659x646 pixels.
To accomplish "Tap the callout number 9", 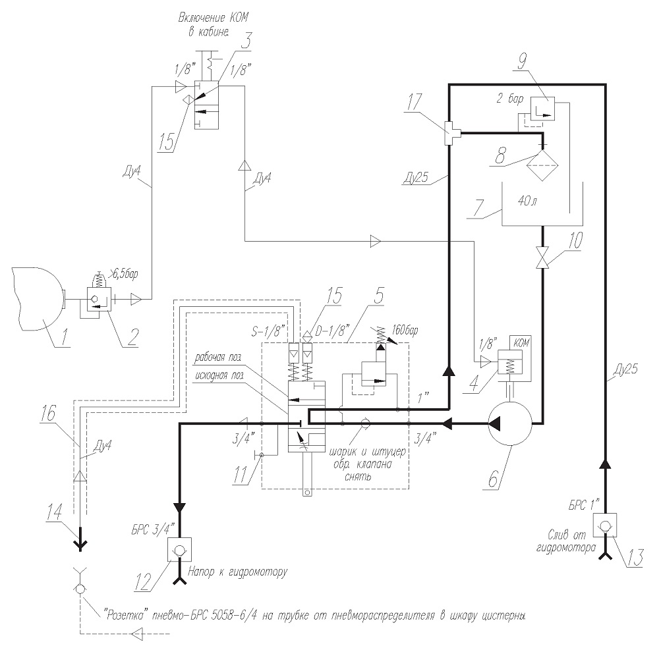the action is (522, 62).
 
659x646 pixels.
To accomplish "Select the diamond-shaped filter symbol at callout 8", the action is (542, 165).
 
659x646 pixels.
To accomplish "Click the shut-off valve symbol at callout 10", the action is (542, 257).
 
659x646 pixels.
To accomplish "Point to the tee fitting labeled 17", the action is (450, 133).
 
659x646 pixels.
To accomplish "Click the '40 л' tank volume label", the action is (527, 201).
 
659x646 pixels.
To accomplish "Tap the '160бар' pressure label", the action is (405, 331).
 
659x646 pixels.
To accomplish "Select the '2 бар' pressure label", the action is (510, 99).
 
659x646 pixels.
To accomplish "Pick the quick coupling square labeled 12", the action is (179, 549).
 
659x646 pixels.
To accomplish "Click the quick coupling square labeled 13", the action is (605, 525).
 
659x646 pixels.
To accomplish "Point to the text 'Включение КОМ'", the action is (214, 18).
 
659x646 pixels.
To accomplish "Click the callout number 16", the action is (48, 414).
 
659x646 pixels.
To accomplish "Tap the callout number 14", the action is (55, 513).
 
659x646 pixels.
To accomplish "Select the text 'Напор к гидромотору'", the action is (238, 572).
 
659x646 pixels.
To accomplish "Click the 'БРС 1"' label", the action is (584, 504).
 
